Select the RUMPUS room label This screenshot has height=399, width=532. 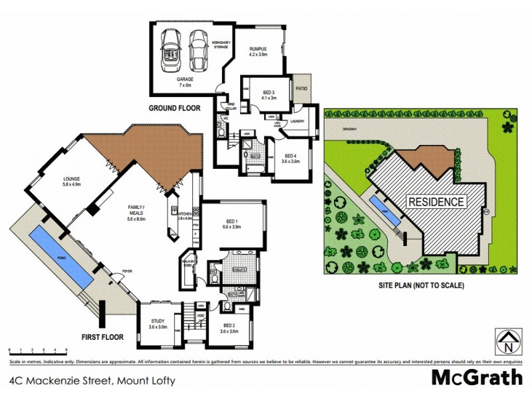click(x=258, y=51)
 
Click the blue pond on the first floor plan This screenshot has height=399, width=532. click(x=61, y=256)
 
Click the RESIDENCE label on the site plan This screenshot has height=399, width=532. click(x=436, y=201)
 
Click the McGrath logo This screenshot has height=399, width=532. click(x=477, y=378)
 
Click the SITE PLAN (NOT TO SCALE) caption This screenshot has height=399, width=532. click(x=420, y=285)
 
